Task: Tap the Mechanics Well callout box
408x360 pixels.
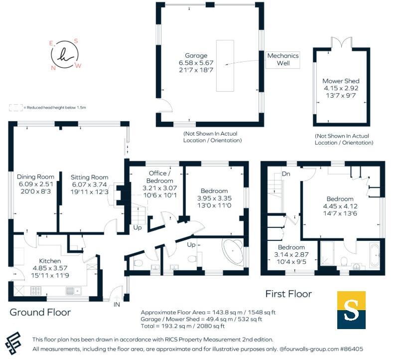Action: (283, 60)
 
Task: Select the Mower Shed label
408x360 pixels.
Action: (341, 81)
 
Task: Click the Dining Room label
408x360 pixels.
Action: (35, 177)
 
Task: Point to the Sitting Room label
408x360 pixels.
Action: (89, 177)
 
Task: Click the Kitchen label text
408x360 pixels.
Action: (50, 261)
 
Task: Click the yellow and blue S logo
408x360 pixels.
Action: (351, 310)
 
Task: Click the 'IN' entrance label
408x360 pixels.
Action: (117, 304)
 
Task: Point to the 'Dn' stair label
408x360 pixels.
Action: (286, 174)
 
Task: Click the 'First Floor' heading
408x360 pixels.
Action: (288, 294)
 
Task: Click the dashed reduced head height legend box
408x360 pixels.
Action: (16, 107)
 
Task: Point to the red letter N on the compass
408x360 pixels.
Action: (53, 68)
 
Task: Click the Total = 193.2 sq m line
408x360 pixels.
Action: (183, 327)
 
